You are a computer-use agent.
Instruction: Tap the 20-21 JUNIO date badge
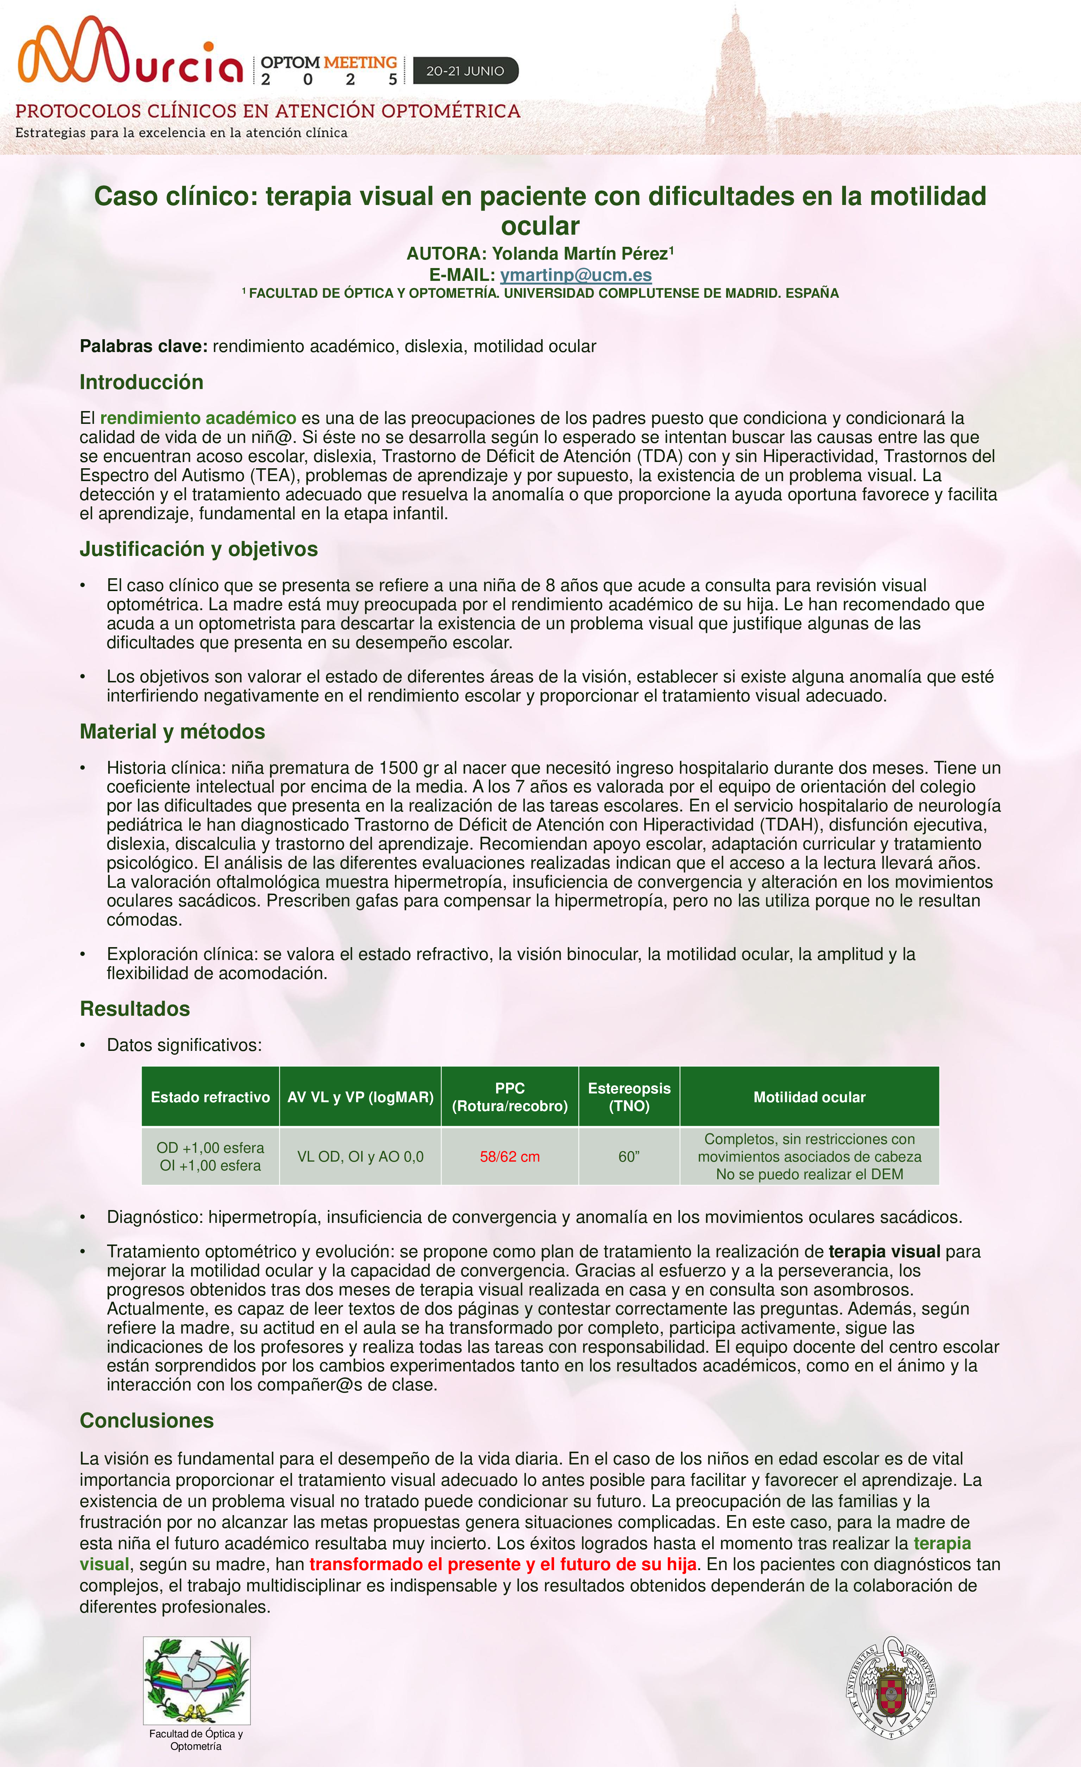466,71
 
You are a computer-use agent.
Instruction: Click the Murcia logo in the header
131,52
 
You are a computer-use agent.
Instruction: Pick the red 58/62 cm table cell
509,1156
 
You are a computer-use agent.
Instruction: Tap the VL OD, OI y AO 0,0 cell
360,1156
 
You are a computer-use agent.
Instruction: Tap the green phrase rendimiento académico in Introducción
198,418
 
